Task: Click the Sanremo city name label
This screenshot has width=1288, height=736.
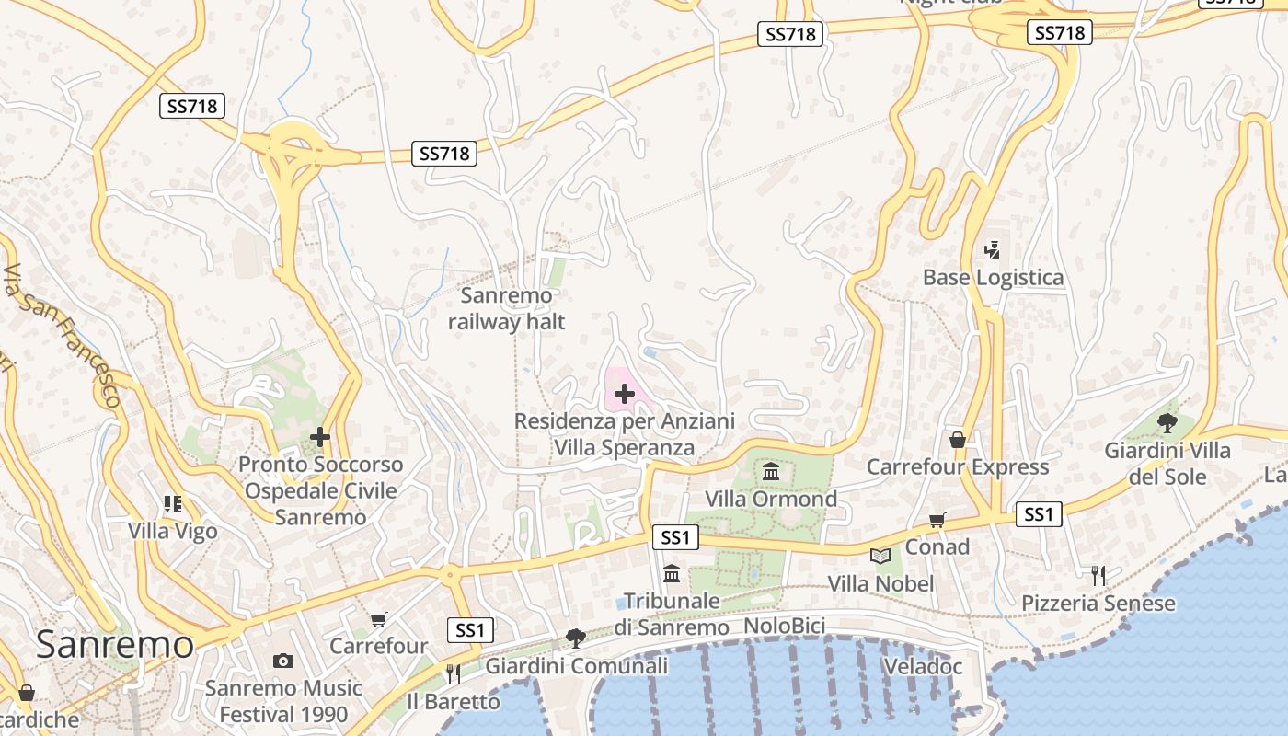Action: click(115, 644)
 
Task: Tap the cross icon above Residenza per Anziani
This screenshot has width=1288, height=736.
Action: click(625, 395)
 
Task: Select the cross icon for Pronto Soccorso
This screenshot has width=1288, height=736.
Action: click(320, 437)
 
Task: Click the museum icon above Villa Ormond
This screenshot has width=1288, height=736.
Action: click(771, 473)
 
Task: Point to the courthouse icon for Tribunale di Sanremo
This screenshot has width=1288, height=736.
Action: click(672, 574)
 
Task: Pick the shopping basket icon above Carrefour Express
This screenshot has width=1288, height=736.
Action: click(958, 441)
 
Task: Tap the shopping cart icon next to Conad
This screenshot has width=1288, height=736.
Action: click(937, 521)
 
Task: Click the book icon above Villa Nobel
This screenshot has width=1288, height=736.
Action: click(880, 557)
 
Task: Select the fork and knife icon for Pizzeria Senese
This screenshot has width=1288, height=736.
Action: click(1098, 576)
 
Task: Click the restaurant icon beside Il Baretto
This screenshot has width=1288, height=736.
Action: click(453, 674)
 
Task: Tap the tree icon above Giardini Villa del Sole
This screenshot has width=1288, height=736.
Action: click(1167, 423)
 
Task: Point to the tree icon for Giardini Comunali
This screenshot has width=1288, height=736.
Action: click(576, 638)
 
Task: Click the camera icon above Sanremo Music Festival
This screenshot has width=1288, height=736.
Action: click(283, 661)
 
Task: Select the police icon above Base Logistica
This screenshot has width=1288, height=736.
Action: click(992, 249)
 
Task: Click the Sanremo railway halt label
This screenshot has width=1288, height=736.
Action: click(506, 309)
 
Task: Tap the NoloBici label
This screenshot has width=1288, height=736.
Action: click(784, 627)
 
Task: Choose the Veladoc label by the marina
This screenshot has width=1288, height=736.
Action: click(922, 666)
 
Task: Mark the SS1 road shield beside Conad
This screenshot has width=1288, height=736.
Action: click(1039, 514)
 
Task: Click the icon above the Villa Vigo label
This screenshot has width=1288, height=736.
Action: click(173, 504)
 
